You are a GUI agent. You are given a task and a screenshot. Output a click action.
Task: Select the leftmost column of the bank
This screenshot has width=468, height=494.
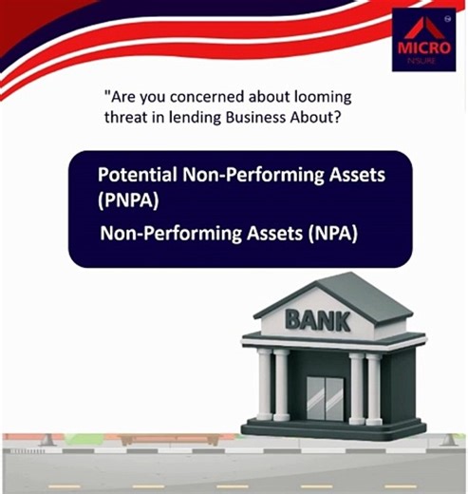[264, 384]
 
